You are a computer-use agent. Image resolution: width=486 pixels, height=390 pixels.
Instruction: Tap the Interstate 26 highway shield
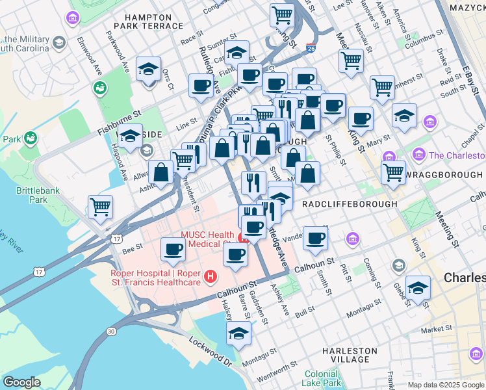click(311, 48)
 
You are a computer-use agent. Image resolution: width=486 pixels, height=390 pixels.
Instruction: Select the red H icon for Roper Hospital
click(210, 278)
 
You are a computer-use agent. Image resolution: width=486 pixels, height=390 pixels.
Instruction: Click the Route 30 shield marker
click(111, 331)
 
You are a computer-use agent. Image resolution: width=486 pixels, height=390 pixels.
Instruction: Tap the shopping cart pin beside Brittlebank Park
click(100, 207)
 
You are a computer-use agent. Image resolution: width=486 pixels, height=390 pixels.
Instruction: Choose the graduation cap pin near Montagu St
click(238, 334)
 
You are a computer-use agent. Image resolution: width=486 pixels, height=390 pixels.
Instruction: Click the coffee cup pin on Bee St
click(173, 249)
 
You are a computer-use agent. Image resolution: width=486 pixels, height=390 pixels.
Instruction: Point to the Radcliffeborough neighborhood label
click(350, 203)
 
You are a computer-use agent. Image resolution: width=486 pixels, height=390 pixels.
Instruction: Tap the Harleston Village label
click(350, 355)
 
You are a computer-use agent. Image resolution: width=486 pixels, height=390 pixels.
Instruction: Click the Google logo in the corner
click(21, 382)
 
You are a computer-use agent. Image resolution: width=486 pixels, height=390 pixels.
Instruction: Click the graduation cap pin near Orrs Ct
click(148, 69)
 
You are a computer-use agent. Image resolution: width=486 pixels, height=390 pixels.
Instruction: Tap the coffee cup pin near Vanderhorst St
click(315, 237)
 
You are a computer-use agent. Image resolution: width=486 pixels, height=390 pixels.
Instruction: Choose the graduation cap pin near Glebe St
click(418, 288)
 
